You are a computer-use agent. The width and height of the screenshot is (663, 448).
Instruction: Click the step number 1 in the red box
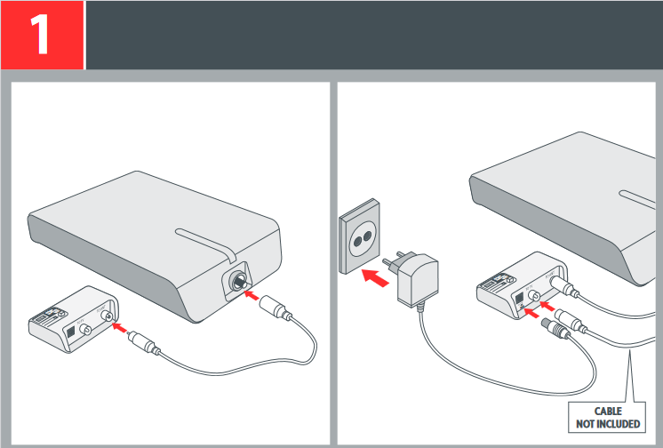[42, 36]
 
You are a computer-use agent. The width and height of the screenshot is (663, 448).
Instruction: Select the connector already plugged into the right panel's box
[563, 286]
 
